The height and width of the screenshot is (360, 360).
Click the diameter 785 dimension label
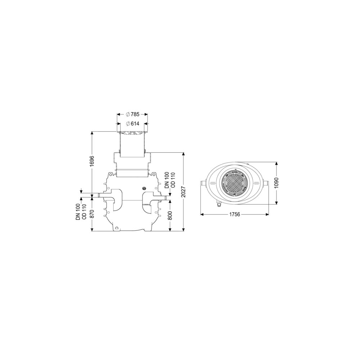133,114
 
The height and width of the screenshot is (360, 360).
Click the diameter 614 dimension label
133,124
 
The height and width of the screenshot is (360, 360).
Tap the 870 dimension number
92,214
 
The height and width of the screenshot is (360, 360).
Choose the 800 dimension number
170,215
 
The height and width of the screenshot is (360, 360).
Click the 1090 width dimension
276,183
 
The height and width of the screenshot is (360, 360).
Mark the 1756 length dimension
235,215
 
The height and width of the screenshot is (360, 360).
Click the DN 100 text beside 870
78,212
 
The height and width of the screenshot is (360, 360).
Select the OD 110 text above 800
173,180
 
